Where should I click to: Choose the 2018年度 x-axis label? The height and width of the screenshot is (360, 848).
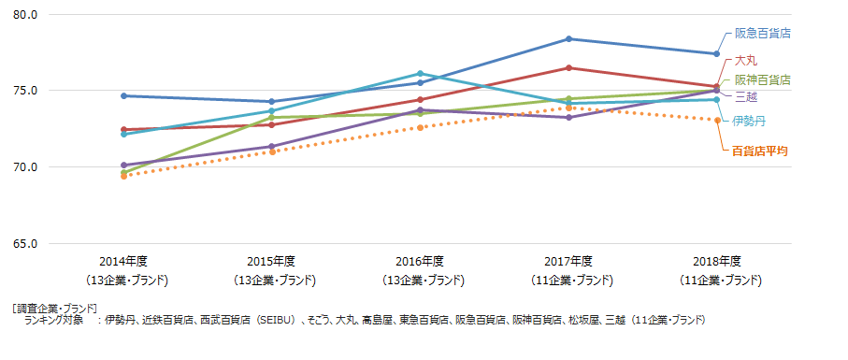point(717,261)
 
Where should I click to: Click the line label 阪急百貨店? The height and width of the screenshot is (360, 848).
point(763,33)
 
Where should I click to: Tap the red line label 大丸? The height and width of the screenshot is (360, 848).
point(746,61)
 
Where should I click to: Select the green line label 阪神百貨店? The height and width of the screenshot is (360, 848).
point(762,80)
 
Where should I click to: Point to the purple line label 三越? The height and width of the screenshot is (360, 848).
point(746,96)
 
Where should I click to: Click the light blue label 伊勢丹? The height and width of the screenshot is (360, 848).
point(748,121)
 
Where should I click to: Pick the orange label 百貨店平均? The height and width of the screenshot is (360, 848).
point(759,150)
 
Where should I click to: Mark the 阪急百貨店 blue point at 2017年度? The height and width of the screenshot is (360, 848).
point(568,39)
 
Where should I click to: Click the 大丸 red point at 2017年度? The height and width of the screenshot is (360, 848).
point(568,67)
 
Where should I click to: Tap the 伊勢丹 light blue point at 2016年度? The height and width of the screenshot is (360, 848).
point(420,73)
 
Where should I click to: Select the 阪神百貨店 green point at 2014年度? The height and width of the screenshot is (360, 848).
point(123,172)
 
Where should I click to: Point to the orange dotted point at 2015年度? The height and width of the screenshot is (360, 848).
point(272,151)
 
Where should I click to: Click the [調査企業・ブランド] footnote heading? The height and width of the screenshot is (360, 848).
point(55,308)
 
